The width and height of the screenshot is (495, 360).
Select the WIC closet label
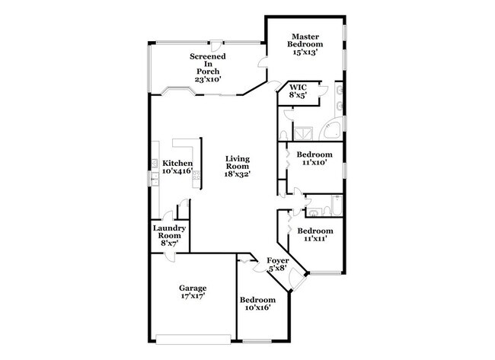297,92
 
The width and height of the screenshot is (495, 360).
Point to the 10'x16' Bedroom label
257,304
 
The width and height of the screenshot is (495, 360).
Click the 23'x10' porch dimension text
206,80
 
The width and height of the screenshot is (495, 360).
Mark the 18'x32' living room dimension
238,174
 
